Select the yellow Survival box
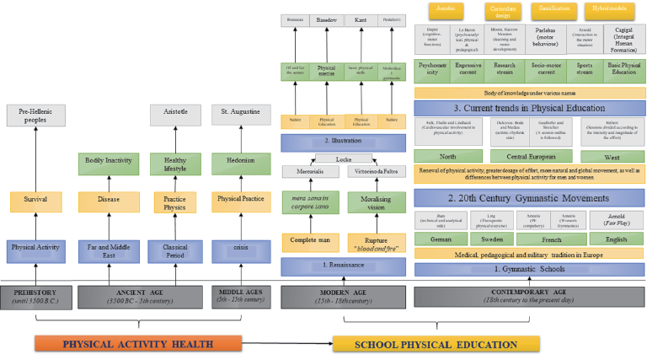pyautogui.click(x=36, y=201)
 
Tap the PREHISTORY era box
pyautogui.click(x=35, y=296)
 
